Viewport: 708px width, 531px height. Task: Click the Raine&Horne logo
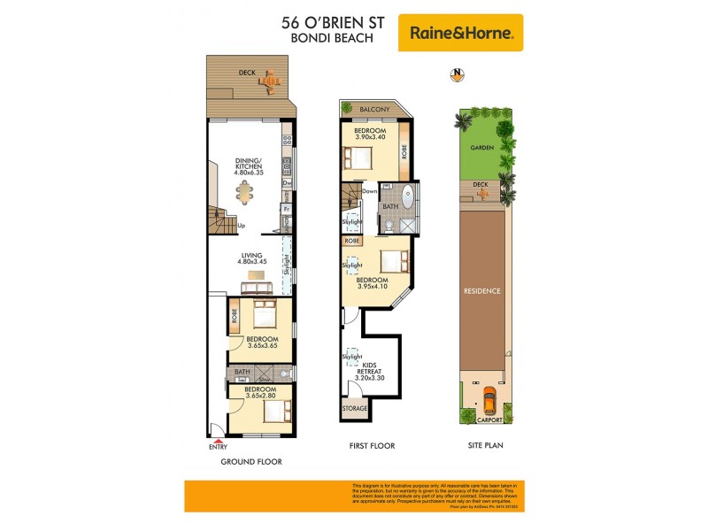click(460, 33)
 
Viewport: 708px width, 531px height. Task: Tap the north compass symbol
click(457, 74)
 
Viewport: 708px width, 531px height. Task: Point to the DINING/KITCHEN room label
click(249, 165)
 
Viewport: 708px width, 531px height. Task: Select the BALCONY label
click(374, 109)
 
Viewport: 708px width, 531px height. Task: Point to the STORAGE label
click(357, 410)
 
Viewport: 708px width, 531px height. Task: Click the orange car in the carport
click(488, 403)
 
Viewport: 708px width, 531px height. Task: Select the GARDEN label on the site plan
click(482, 148)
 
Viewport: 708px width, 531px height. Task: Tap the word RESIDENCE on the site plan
click(484, 290)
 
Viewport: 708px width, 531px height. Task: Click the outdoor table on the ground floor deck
click(270, 82)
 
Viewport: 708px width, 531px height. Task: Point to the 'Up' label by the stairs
click(242, 225)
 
